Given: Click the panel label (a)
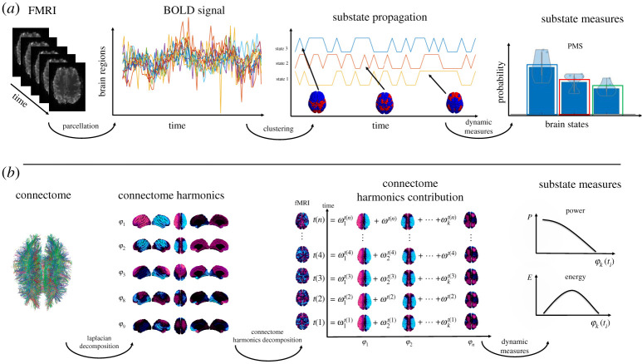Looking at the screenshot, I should [13, 10].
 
